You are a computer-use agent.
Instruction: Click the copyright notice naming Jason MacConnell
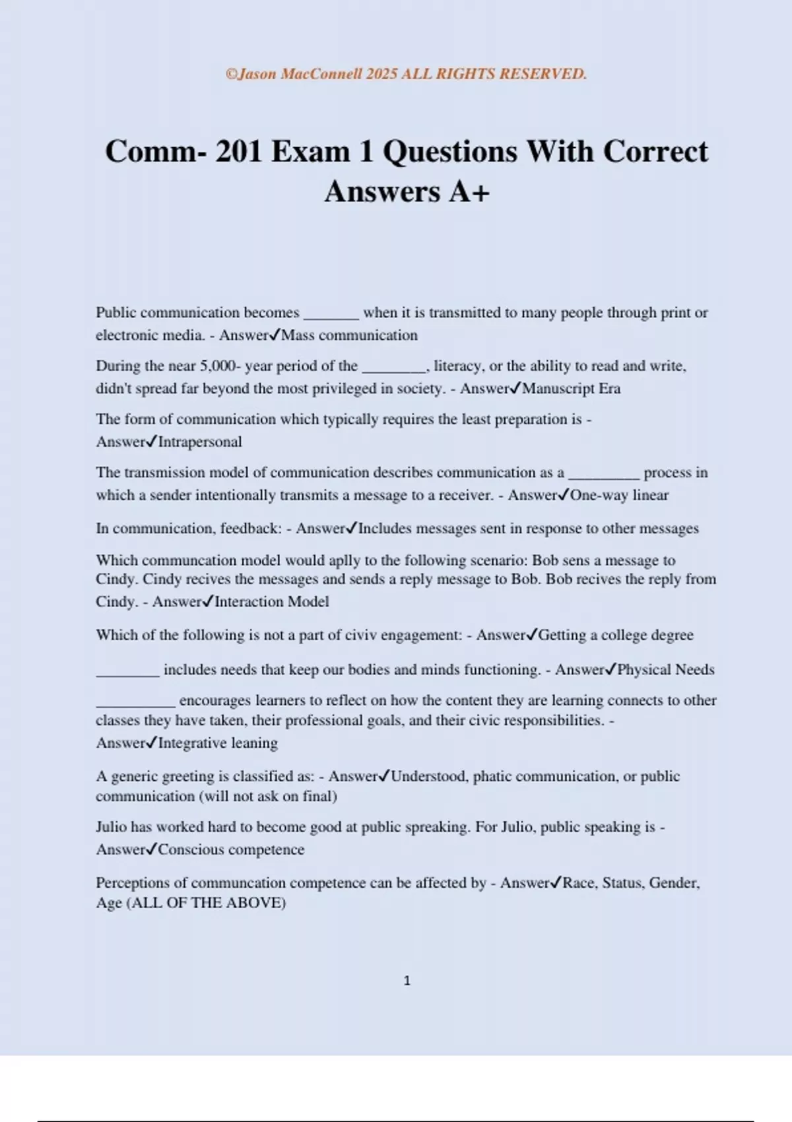[406, 74]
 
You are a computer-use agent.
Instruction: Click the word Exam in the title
[310, 151]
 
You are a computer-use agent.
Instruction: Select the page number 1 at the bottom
[407, 981]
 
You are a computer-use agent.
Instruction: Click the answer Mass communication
[349, 335]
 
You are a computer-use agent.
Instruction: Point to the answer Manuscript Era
[571, 388]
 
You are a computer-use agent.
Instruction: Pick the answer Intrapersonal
[199, 442]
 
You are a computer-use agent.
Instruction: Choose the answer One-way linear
[619, 495]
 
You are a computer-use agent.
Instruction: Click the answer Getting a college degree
[616, 635]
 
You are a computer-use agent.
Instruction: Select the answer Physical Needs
[665, 669]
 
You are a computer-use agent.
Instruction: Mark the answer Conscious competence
[231, 849]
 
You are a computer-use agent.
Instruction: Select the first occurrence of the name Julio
[112, 827]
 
